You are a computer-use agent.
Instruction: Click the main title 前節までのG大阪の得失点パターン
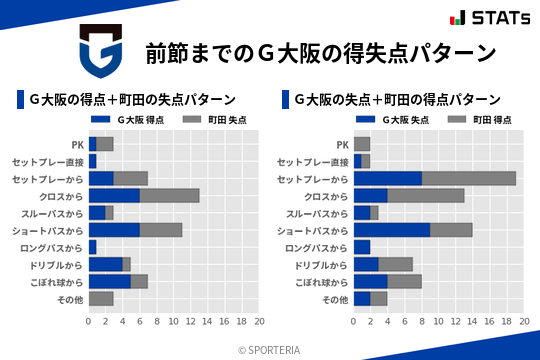[x=320, y=52]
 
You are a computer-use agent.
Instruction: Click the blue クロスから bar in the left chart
[x=114, y=195]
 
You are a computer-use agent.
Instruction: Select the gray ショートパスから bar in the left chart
[x=161, y=230]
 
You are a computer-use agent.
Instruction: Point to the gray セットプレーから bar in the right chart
[x=469, y=178]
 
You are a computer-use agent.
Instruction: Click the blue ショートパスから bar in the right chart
[x=392, y=230]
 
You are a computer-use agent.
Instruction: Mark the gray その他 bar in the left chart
[x=101, y=299]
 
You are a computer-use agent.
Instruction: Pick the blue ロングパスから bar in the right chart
[x=362, y=247]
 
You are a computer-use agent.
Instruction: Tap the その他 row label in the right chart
[x=334, y=299]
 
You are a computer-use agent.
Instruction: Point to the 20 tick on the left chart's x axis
[x=259, y=322]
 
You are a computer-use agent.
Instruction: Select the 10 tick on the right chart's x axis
[x=439, y=322]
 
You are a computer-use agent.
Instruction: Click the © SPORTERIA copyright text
[x=270, y=350]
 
